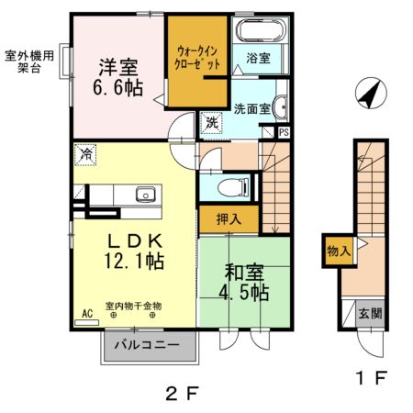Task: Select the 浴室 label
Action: coord(257,59)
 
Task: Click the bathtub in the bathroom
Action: coord(260,31)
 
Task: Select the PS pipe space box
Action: coord(284,132)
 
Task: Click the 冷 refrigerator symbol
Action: coord(85,155)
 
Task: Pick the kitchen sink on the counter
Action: coord(145,194)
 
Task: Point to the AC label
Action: coord(88,314)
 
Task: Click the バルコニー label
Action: coord(150,347)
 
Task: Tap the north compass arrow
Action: coord(369,93)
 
